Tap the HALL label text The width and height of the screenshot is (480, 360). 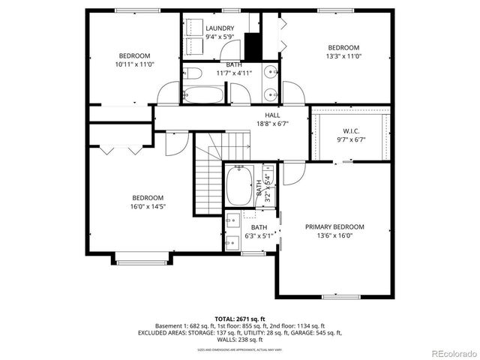click(272, 115)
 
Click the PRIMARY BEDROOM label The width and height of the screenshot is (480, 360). click(334, 226)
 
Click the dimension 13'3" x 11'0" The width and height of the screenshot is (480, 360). click(343, 55)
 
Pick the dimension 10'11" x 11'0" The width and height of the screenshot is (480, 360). click(135, 64)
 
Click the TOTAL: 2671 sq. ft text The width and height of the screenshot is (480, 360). click(239, 318)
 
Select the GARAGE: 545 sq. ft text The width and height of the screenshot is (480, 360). click(318, 332)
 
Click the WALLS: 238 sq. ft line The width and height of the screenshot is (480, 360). click(239, 339)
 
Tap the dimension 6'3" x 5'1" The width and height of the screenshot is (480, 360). click(259, 236)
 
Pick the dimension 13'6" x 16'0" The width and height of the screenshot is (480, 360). click(334, 235)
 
